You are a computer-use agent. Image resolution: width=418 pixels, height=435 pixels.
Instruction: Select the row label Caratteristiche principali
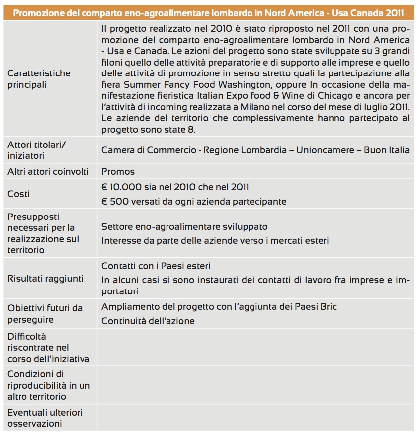coord(39,79)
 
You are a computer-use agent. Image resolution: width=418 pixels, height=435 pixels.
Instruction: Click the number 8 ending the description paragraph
coord(194,130)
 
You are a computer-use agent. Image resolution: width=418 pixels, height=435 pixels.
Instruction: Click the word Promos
coord(118,172)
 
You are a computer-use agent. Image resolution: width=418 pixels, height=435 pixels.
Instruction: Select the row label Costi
coord(18,194)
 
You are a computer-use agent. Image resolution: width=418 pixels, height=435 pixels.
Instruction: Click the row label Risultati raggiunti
coord(45,278)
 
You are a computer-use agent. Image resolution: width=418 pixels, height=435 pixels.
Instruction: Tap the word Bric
coord(328,306)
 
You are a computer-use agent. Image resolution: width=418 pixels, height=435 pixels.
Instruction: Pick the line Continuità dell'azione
coord(148,321)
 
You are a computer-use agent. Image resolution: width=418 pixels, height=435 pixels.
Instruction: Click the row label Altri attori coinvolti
coord(48,172)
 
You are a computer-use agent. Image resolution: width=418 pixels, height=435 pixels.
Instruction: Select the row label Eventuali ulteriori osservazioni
coord(45,418)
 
